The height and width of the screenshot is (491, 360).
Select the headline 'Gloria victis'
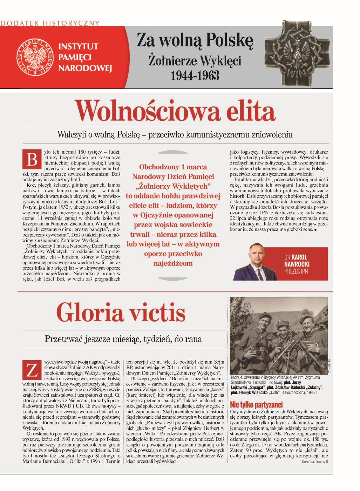point(121,312)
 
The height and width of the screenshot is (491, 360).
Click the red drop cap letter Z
point(32,369)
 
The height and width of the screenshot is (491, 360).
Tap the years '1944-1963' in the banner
point(195,75)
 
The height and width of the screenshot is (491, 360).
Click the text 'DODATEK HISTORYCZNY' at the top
point(50,23)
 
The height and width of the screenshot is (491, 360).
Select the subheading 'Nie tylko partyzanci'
point(256,404)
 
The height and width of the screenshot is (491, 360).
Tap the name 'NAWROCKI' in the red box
point(297,264)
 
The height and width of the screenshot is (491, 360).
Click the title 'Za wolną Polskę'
point(195,40)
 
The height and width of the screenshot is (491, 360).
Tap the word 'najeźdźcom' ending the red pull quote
point(173,263)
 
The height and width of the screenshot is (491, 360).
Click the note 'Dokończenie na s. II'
point(314,462)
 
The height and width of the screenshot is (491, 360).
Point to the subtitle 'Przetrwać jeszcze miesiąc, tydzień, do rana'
point(123,339)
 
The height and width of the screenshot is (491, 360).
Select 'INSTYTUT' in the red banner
point(78,46)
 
